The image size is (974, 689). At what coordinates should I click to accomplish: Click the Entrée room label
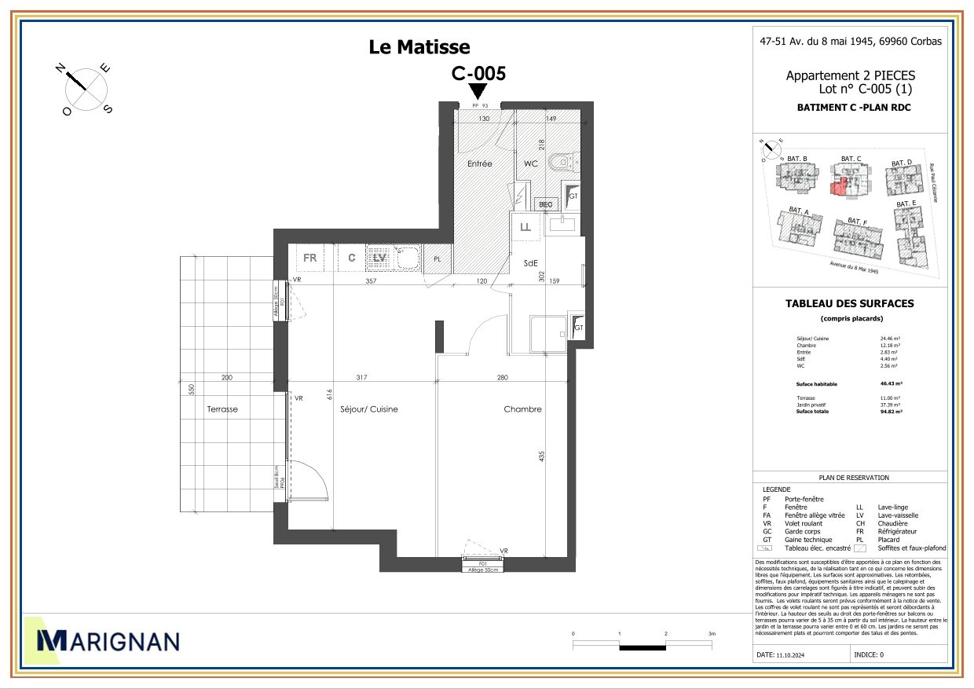(x=479, y=164)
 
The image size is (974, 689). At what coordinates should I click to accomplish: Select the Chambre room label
(x=522, y=409)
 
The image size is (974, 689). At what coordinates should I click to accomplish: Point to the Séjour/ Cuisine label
(x=369, y=409)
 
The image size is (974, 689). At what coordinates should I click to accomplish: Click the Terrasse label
(x=222, y=409)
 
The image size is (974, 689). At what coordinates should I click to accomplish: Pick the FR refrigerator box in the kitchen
(x=310, y=258)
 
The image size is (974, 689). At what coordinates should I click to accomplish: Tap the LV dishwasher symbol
(x=380, y=257)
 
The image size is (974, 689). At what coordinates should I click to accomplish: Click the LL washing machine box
(x=525, y=228)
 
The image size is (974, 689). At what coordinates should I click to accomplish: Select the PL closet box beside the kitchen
(x=437, y=258)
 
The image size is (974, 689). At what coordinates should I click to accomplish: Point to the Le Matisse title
(x=419, y=48)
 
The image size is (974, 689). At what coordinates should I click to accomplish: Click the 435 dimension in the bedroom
(x=542, y=456)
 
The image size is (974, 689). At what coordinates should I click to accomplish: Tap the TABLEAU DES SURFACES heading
(x=849, y=303)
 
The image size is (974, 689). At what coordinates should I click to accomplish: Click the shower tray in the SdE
(x=549, y=334)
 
